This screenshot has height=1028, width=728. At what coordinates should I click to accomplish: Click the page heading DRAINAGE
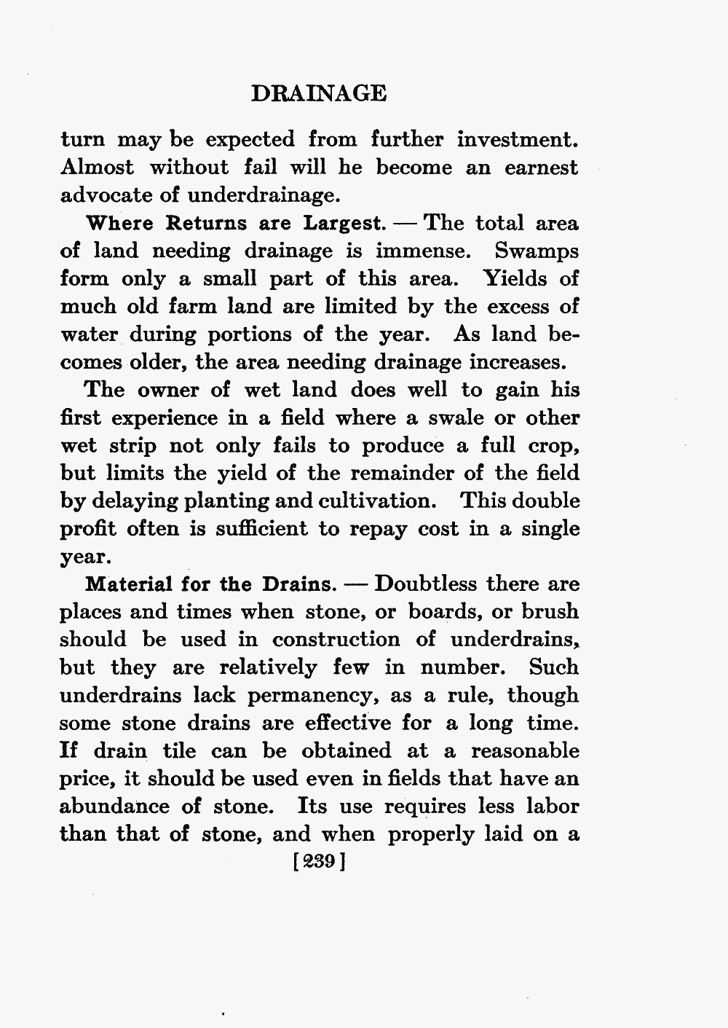(x=318, y=93)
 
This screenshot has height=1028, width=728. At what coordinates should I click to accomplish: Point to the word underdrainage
(x=262, y=195)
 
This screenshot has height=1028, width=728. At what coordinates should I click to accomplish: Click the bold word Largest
(x=343, y=223)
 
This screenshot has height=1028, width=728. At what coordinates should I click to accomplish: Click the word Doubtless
(x=425, y=585)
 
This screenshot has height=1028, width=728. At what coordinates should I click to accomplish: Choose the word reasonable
(x=525, y=751)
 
